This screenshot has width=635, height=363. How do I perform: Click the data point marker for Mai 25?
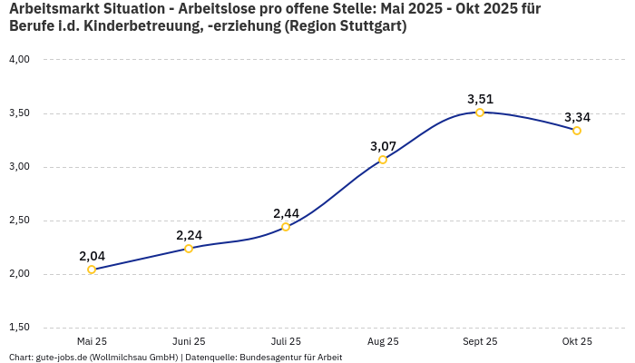click(x=92, y=270)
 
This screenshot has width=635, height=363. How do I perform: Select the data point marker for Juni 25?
click(x=189, y=249)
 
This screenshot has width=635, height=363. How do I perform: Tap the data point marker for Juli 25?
click(x=286, y=227)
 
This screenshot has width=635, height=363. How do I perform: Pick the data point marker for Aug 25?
click(x=383, y=160)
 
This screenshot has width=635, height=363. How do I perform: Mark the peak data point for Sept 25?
click(x=480, y=113)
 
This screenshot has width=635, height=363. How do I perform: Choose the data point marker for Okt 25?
click(x=577, y=131)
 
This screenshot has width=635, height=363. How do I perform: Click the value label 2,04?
click(x=92, y=256)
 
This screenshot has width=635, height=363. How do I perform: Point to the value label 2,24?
click(x=189, y=235)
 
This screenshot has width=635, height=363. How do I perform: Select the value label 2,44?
click(x=286, y=213)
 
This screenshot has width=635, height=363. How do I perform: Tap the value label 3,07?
click(x=383, y=146)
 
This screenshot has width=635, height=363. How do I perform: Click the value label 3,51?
click(x=480, y=99)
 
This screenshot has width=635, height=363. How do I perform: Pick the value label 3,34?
click(x=577, y=117)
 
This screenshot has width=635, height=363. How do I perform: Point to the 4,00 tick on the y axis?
click(x=19, y=60)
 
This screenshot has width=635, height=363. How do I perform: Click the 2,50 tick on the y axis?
click(x=19, y=221)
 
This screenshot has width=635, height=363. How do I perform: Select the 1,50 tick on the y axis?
click(x=19, y=328)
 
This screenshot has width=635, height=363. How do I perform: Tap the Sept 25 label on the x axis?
click(x=480, y=342)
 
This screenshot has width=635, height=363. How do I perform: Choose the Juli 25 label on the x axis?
click(x=286, y=342)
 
